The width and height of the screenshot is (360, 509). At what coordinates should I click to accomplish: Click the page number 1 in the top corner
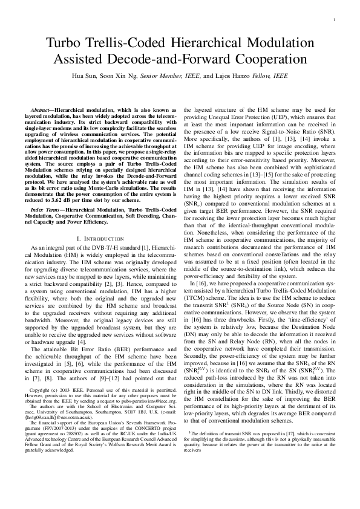pyautogui.click(x=334, y=20)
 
